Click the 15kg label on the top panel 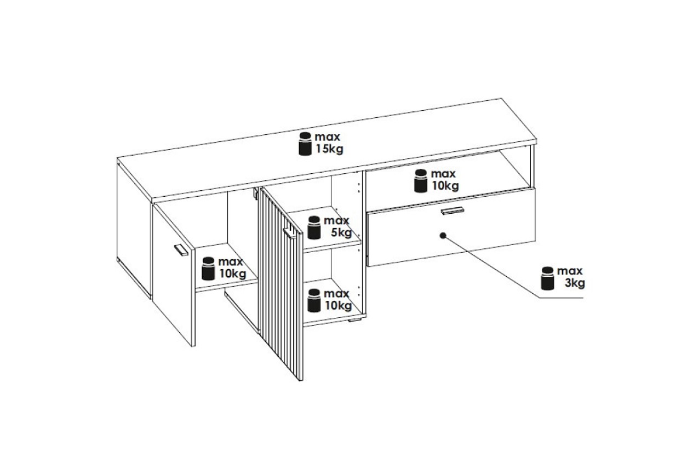click(x=329, y=149)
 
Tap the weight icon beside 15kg click(x=305, y=144)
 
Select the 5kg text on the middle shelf click(x=341, y=232)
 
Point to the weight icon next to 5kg click(x=314, y=227)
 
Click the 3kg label click(x=575, y=283)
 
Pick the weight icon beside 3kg click(x=547, y=278)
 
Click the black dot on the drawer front click(x=443, y=235)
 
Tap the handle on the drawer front click(x=453, y=211)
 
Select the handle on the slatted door click(x=289, y=232)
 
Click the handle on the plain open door click(x=181, y=250)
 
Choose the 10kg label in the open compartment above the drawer click(x=445, y=186)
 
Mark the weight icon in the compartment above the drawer click(x=421, y=181)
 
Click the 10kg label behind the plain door click(x=232, y=273)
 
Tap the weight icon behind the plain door click(x=208, y=269)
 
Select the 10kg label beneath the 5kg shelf click(x=338, y=305)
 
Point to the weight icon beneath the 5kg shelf click(x=314, y=300)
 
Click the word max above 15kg click(x=328, y=137)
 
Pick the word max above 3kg click(x=570, y=271)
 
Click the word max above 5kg click(x=336, y=221)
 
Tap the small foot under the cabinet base click(x=354, y=321)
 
